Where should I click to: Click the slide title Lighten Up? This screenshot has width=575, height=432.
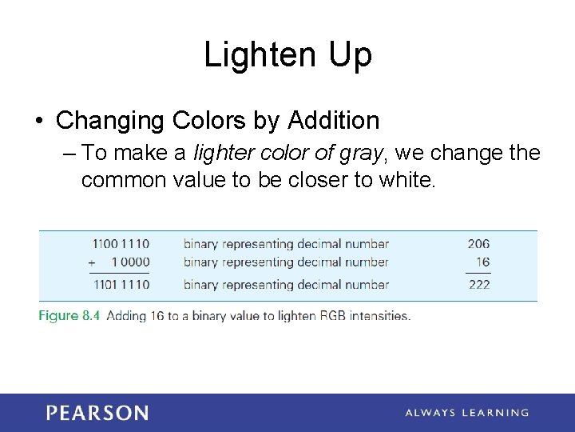287,55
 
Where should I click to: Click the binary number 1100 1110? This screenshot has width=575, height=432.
121,244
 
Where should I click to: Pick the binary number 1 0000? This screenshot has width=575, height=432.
130,262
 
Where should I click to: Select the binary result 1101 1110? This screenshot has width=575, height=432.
121,284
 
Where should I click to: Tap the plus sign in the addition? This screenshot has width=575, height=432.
92,263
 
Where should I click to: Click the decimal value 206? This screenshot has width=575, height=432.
478,244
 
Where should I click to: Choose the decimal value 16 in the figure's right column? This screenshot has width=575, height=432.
482,262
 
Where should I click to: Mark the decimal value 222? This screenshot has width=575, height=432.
479,284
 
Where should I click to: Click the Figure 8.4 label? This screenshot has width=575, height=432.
69,315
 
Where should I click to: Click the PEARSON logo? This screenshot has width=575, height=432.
97,413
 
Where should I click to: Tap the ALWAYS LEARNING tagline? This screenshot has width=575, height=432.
466,413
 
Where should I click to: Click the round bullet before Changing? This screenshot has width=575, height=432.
39,122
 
